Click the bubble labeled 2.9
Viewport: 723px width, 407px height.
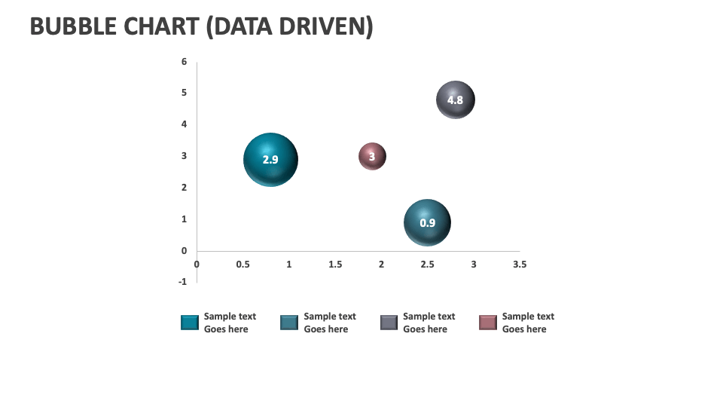click(270, 160)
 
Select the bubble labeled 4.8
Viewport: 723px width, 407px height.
click(455, 99)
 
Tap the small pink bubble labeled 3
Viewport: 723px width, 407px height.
click(372, 157)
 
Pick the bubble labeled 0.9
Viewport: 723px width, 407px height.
click(427, 222)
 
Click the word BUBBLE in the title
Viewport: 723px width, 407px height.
click(72, 26)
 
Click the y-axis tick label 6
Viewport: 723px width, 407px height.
click(184, 62)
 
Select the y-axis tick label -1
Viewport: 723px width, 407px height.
click(182, 282)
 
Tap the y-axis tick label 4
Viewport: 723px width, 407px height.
click(184, 124)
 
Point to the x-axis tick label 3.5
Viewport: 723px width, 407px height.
click(520, 265)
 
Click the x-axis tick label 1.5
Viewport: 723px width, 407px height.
click(335, 265)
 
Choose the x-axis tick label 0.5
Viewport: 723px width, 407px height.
click(243, 265)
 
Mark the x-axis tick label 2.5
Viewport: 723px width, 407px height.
click(427, 265)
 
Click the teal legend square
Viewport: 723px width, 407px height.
click(190, 323)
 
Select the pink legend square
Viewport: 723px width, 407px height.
click(488, 323)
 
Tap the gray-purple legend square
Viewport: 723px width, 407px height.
click(389, 323)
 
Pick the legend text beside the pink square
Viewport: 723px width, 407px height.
click(528, 323)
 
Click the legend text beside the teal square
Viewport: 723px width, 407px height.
click(230, 323)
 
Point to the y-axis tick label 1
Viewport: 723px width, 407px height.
click(184, 219)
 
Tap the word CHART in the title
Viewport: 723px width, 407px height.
click(161, 26)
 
